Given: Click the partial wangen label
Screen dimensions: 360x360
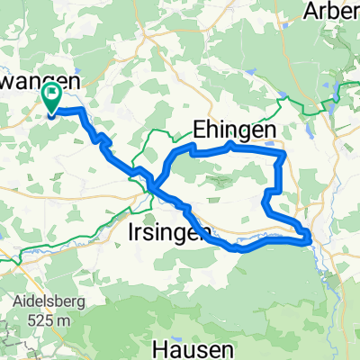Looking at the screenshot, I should tap(40, 80).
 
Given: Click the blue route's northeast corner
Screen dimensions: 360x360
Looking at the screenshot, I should tap(283, 155).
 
